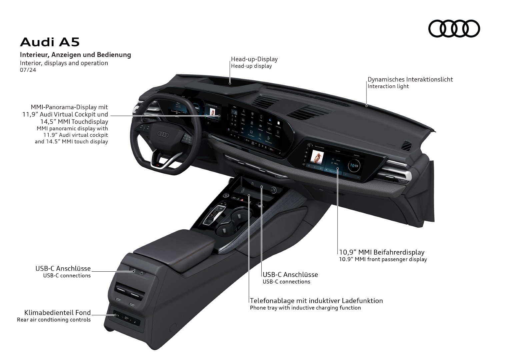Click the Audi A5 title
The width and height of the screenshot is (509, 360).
tap(50, 42)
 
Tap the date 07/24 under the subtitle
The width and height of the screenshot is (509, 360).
tap(28, 70)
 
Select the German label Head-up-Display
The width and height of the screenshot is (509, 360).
tap(254, 59)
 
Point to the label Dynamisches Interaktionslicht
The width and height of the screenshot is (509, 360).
tap(410, 79)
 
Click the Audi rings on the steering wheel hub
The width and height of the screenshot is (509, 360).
tap(163, 134)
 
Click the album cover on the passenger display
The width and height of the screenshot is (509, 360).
tap(317, 156)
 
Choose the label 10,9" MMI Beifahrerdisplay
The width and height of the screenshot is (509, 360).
tap(381, 252)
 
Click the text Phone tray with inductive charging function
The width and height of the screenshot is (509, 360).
tap(305, 308)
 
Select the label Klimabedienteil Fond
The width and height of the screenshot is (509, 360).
tap(57, 313)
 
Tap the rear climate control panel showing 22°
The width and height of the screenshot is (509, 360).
tap(126, 318)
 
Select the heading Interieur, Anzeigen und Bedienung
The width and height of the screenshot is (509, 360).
tap(75, 55)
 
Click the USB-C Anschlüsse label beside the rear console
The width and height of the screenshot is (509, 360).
tap(63, 269)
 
